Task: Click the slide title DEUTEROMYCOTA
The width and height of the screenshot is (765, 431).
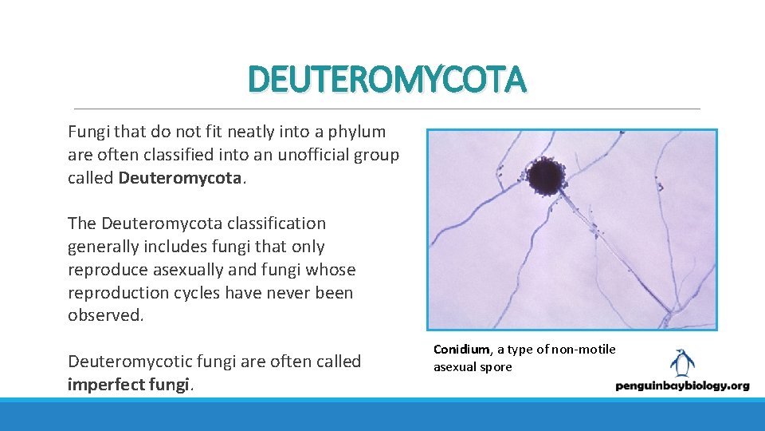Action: (387, 80)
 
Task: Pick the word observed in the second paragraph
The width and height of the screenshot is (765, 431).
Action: (104, 315)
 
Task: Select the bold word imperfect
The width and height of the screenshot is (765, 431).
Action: (108, 385)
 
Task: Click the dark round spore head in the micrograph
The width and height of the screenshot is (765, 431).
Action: (545, 176)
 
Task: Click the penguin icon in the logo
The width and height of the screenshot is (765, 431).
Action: (681, 363)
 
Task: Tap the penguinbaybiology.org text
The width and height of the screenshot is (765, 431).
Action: (682, 386)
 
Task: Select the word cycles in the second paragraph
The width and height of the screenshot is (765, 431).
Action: (190, 293)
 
